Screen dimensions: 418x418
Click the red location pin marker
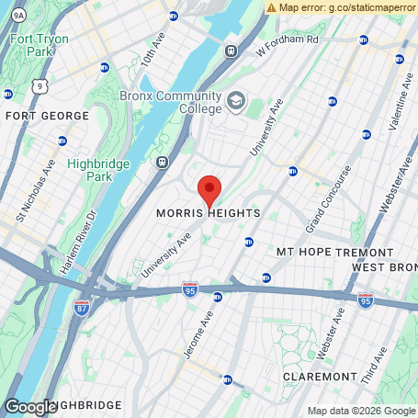[209, 190]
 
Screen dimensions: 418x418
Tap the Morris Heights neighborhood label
[208, 213]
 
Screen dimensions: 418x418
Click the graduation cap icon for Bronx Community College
[236, 99]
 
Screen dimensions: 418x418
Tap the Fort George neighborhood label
[47, 116]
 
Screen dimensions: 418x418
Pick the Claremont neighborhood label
[320, 377]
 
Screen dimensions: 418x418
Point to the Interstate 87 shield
[82, 305]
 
